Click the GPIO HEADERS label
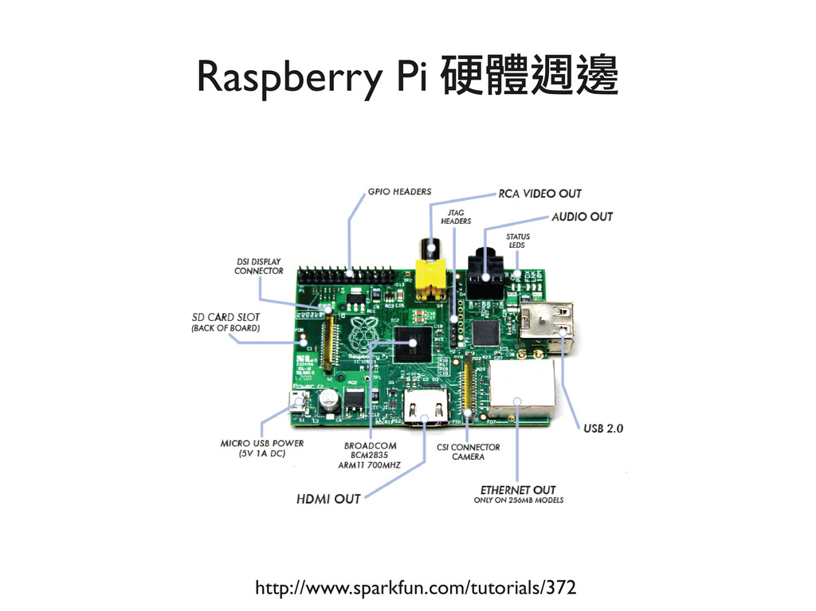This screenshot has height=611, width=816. (x=399, y=191)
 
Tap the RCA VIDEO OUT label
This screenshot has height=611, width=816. (x=539, y=194)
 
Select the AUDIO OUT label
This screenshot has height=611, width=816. (x=583, y=217)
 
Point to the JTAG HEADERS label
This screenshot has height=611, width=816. (x=457, y=217)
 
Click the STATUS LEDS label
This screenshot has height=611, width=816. (x=518, y=241)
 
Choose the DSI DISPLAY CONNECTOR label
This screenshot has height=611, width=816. (x=258, y=266)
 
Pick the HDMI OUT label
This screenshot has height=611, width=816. (x=328, y=499)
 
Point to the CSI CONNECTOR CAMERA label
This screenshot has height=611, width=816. (x=468, y=452)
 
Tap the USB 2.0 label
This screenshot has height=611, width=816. (x=603, y=428)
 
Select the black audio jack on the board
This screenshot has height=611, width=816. (x=485, y=275)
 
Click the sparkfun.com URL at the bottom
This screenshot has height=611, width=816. (x=414, y=589)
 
